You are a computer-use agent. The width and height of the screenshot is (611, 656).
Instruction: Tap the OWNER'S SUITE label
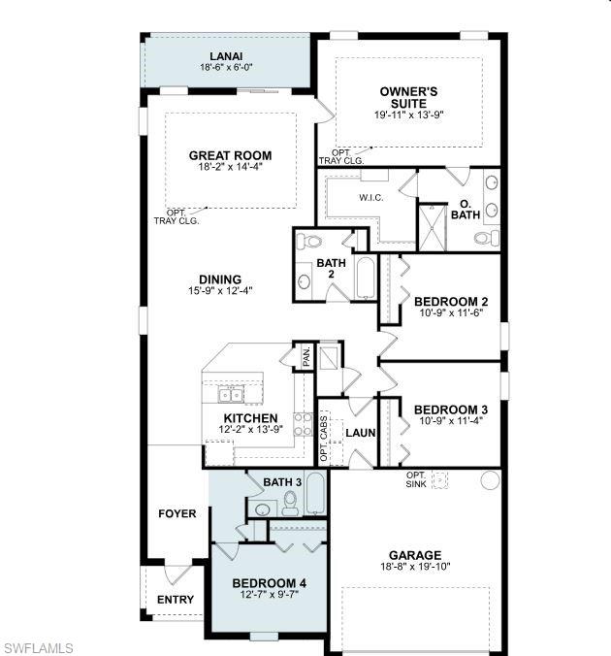coord(408,97)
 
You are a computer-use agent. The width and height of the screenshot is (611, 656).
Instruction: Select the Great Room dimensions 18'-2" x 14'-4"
coord(230,167)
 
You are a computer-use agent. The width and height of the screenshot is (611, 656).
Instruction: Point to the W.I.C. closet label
coord(371,198)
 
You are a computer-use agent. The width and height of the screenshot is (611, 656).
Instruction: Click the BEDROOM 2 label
coord(450,302)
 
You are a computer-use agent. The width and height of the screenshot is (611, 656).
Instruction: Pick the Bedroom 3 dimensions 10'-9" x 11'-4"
coord(450,422)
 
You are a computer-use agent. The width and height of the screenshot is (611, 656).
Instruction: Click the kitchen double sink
coord(231,394)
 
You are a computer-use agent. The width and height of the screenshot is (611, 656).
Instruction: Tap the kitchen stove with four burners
coord(302,426)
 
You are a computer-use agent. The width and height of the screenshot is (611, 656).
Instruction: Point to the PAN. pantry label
coord(305,357)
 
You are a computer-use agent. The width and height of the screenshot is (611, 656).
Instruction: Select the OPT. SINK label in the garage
coord(417,478)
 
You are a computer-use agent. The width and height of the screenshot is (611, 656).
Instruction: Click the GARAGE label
coord(416,555)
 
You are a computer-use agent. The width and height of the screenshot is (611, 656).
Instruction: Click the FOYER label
coord(177,513)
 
